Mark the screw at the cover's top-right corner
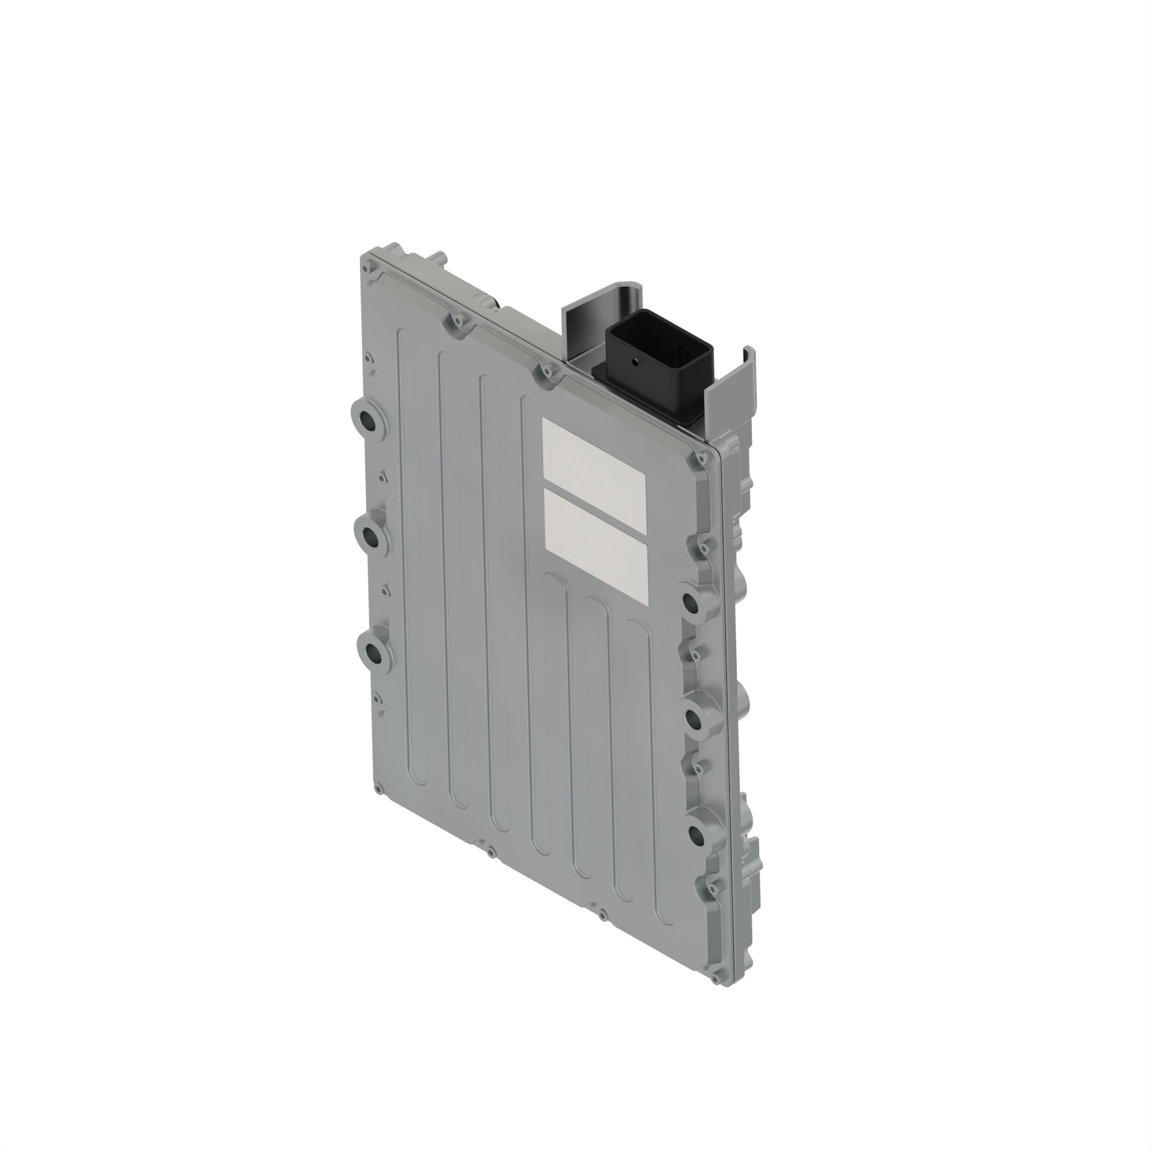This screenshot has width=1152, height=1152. pyautogui.click(x=700, y=458)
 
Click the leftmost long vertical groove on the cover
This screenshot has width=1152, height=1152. pyautogui.click(x=411, y=555)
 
